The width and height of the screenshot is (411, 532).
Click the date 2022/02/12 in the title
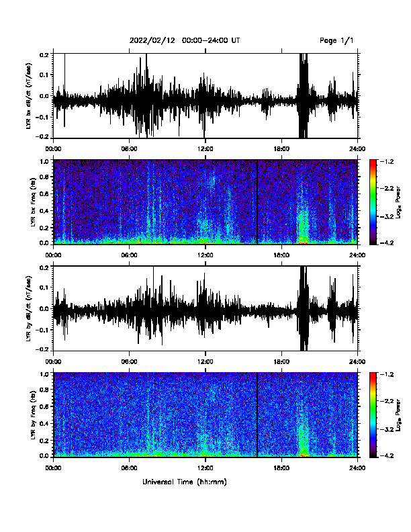[x=152, y=41]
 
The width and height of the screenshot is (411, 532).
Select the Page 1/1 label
[x=336, y=41]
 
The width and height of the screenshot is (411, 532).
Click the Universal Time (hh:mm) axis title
[x=185, y=482]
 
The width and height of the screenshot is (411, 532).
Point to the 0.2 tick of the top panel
[x=44, y=54]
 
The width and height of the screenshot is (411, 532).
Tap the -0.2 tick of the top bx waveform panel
[x=42, y=136]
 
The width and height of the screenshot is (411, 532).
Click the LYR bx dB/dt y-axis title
[x=30, y=95]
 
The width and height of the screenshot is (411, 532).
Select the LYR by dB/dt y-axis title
[x=30, y=308]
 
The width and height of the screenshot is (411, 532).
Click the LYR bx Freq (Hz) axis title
[x=33, y=202]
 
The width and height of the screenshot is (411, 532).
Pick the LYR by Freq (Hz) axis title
[x=33, y=414]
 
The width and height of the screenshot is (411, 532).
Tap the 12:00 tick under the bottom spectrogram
[x=205, y=468]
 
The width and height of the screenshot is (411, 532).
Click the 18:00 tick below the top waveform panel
[x=281, y=148]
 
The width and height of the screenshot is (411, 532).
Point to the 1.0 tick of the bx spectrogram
[x=44, y=161]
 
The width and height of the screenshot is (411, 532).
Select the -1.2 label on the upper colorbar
[x=387, y=161]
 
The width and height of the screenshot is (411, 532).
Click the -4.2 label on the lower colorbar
[x=387, y=455]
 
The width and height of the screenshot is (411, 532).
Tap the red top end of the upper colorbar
[x=373, y=161]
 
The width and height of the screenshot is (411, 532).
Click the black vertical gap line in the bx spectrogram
[x=257, y=202]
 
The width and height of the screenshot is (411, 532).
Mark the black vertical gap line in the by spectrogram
[x=257, y=414]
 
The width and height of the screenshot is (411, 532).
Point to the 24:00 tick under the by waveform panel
[x=358, y=361]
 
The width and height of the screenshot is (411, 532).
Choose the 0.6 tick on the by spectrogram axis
[x=44, y=406]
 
